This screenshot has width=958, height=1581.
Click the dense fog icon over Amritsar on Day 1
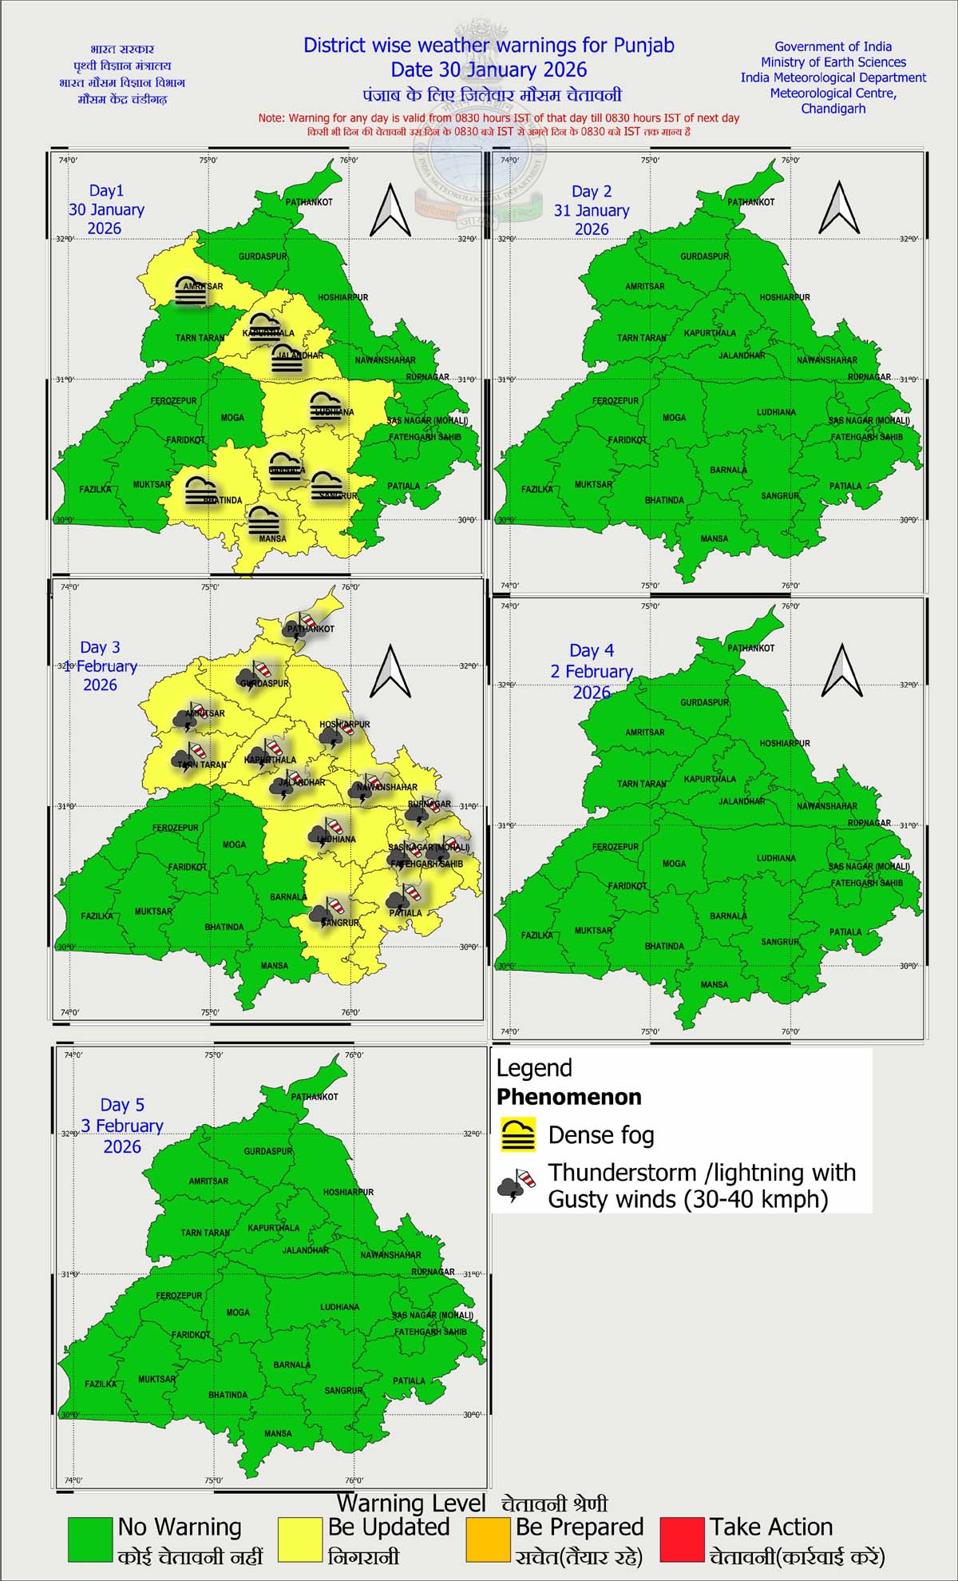(x=191, y=292)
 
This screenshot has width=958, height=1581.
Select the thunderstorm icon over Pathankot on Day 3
(x=302, y=623)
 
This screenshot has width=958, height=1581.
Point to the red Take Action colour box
(x=683, y=1540)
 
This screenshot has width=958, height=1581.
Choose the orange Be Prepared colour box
(x=488, y=1540)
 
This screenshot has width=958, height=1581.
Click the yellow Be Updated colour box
(x=299, y=1540)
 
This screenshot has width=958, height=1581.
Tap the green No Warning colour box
(x=89, y=1540)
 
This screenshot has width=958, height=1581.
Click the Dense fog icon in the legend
(x=518, y=1135)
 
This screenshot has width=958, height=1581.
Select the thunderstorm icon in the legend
(x=516, y=1186)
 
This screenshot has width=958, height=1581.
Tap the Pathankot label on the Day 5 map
(x=315, y=1097)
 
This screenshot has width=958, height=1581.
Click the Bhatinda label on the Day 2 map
(x=664, y=500)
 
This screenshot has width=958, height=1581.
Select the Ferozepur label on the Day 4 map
(x=616, y=847)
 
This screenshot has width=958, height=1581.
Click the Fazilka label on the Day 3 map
(x=97, y=916)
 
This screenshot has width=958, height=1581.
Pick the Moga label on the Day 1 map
(x=232, y=417)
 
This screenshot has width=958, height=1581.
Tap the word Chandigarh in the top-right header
(x=833, y=109)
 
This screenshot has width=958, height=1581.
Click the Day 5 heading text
(x=122, y=1105)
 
